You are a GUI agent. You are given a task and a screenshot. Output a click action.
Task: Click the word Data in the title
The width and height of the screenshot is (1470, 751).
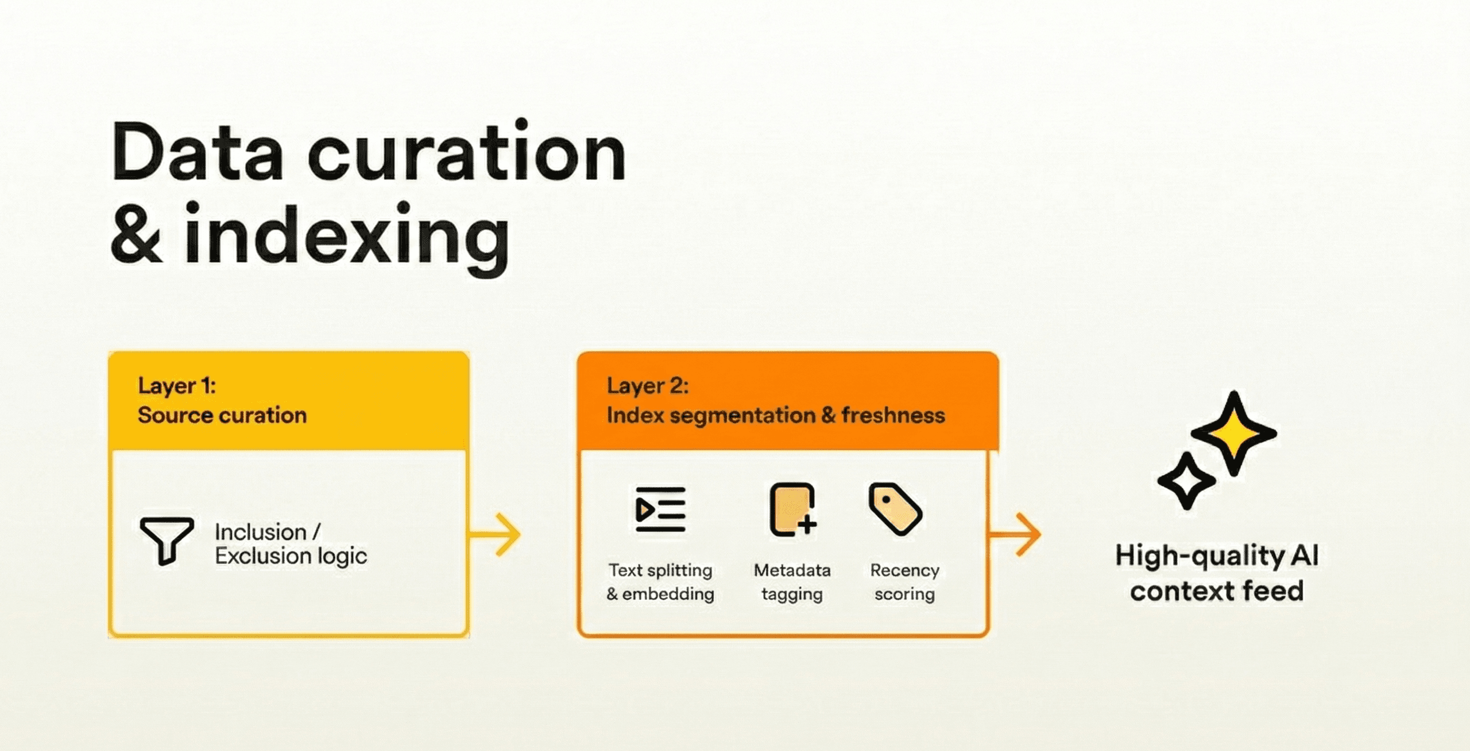click(x=198, y=152)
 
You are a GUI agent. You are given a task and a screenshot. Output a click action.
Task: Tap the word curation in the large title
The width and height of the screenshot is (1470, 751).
click(x=467, y=150)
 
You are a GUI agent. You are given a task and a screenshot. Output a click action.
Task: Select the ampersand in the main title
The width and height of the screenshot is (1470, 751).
click(x=136, y=234)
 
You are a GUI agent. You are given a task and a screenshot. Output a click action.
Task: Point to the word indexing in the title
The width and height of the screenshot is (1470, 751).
click(x=347, y=239)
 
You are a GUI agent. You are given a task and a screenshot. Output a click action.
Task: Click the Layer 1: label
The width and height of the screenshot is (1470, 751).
click(x=177, y=386)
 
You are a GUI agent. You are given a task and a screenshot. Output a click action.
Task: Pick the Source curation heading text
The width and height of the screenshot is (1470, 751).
click(x=222, y=415)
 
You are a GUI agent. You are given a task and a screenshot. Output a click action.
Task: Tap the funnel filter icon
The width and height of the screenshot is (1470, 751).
click(x=167, y=541)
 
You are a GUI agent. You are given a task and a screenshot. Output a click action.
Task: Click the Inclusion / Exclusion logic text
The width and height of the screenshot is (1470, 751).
click(x=291, y=544)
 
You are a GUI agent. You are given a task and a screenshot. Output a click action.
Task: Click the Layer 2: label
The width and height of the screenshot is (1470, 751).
click(x=648, y=386)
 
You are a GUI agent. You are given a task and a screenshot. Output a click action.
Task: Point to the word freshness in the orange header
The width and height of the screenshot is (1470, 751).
click(x=893, y=415)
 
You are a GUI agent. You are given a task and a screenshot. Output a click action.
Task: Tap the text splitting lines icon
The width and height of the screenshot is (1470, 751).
click(x=660, y=510)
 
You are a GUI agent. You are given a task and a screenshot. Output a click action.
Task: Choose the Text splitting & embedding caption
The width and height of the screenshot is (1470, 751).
click(x=660, y=581)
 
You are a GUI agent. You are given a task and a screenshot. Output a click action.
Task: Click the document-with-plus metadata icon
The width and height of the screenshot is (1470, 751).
click(x=793, y=510)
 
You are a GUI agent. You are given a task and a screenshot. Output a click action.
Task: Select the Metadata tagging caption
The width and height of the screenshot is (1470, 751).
click(x=792, y=581)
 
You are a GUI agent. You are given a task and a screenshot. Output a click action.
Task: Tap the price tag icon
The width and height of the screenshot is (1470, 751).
click(x=895, y=509)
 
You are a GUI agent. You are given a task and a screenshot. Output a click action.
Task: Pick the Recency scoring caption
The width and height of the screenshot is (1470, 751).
click(x=905, y=581)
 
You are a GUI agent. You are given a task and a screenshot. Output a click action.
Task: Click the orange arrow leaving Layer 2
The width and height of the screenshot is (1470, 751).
click(x=1015, y=534)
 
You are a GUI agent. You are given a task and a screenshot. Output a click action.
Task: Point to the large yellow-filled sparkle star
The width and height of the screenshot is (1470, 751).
click(x=1233, y=433)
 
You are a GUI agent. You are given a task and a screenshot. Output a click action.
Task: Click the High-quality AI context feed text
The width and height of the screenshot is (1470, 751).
click(x=1217, y=573)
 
